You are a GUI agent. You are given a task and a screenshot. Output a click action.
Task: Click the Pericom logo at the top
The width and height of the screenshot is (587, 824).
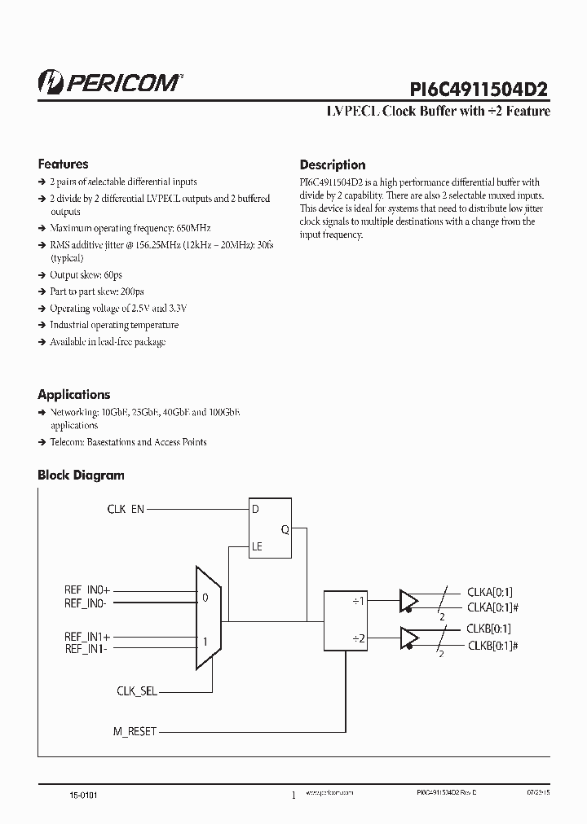(111, 81)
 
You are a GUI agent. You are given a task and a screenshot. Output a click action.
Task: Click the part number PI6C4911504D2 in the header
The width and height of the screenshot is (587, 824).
(478, 87)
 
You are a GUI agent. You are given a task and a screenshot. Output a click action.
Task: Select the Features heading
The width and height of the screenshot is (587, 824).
(63, 164)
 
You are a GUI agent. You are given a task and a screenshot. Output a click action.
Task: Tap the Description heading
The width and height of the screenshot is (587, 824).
(333, 164)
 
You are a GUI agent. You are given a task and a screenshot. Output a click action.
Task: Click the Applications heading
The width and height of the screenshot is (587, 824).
(73, 394)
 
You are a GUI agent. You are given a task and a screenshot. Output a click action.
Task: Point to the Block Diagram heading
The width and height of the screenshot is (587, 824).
(81, 475)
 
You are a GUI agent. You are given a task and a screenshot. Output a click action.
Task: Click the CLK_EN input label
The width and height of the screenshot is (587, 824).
(126, 509)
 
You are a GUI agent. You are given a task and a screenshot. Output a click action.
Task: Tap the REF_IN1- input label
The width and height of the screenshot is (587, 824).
(86, 648)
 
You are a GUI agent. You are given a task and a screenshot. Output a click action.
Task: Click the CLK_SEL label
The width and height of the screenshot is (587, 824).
(136, 690)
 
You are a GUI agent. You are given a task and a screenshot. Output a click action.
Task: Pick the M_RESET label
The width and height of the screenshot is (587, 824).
(134, 731)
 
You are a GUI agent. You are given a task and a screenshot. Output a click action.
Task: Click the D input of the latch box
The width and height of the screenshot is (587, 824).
(256, 510)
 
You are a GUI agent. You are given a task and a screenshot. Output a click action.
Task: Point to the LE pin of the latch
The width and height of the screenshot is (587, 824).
(258, 547)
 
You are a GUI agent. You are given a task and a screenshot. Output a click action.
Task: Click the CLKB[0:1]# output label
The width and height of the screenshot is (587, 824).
(493, 645)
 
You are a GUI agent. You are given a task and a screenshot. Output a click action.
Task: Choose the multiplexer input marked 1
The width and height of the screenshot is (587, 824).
(205, 642)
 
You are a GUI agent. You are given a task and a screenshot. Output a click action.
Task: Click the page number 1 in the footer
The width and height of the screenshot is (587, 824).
(293, 796)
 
